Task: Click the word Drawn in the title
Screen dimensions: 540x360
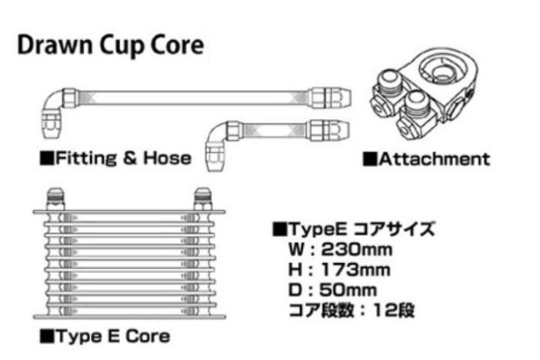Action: [55, 45]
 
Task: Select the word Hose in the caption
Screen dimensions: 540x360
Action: [167, 158]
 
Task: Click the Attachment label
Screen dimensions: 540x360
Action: [434, 159]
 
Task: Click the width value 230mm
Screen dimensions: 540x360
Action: [356, 249]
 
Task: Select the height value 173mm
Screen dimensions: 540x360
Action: [355, 270]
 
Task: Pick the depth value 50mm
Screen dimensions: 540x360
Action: [348, 290]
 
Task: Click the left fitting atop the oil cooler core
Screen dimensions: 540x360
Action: [55, 198]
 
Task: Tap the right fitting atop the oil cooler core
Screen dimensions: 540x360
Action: [203, 198]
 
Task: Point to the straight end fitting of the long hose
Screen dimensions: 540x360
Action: [331, 98]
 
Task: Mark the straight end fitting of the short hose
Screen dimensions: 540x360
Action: [328, 131]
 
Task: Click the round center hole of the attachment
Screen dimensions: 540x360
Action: [442, 72]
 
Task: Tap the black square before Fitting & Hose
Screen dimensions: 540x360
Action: [47, 158]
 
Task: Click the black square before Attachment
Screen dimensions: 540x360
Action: [370, 159]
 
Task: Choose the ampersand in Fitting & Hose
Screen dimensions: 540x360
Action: [130, 158]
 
